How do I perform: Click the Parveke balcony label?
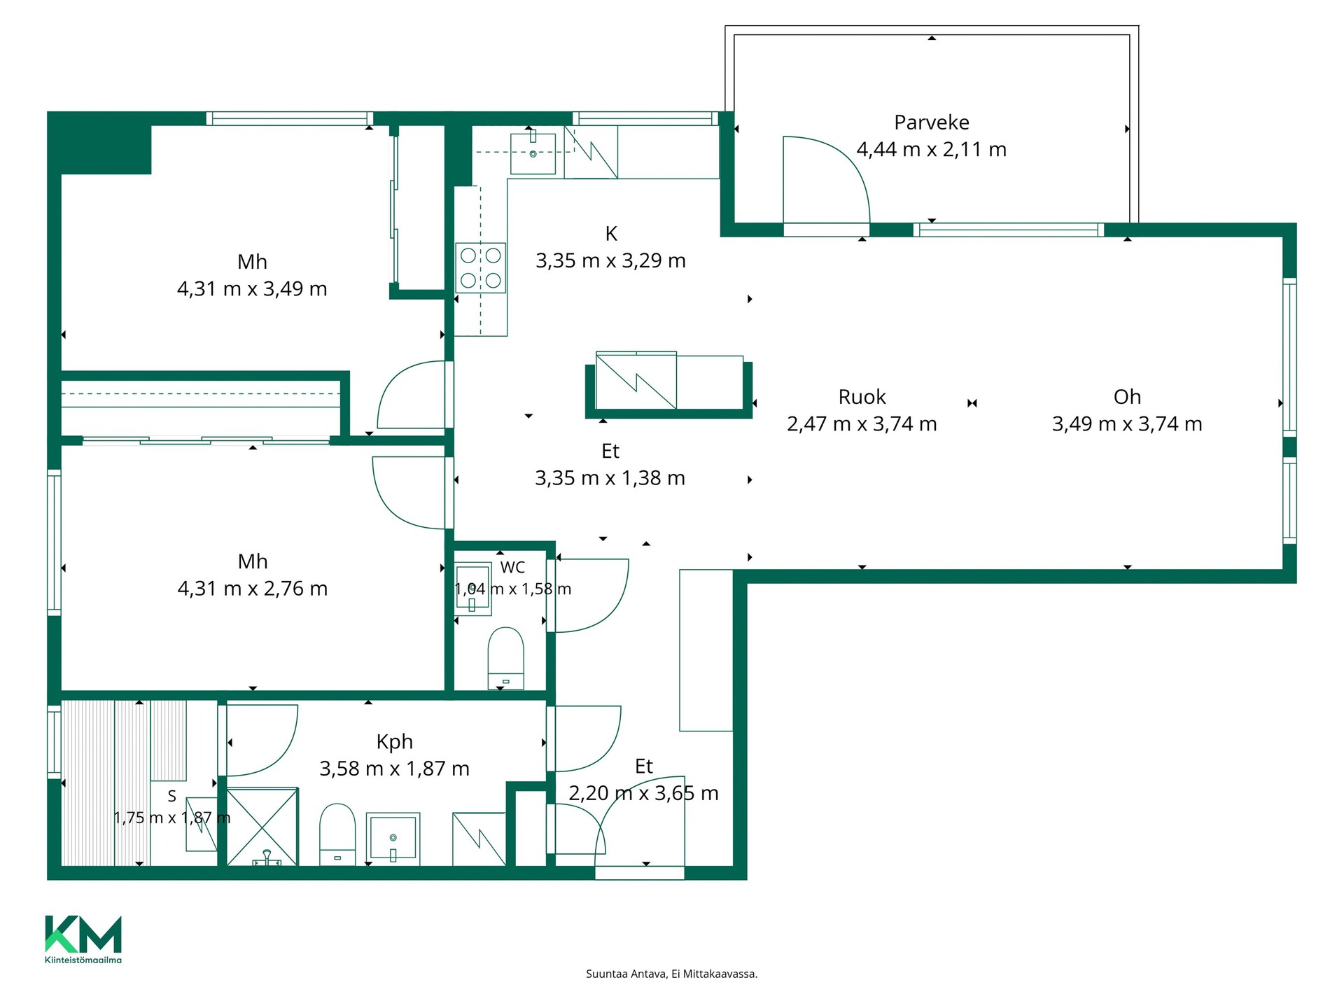tap(932, 122)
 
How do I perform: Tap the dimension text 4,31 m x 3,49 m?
tap(252, 288)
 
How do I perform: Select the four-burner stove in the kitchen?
tap(481, 267)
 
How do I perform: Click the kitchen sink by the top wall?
tap(533, 152)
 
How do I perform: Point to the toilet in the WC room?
tap(505, 658)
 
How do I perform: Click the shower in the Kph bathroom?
tap(262, 827)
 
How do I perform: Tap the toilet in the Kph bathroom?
tap(337, 834)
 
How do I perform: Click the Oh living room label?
tap(1127, 397)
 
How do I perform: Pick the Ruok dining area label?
tap(862, 397)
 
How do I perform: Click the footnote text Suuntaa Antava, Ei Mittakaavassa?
tap(671, 974)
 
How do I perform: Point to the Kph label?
tap(394, 742)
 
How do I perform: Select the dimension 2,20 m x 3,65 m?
tap(643, 793)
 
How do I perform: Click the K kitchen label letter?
tap(611, 233)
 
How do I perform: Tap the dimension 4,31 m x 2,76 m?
tap(252, 588)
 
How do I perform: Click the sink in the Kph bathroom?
tap(393, 836)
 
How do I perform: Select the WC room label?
tap(512, 568)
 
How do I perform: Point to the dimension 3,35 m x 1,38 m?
tap(610, 478)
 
